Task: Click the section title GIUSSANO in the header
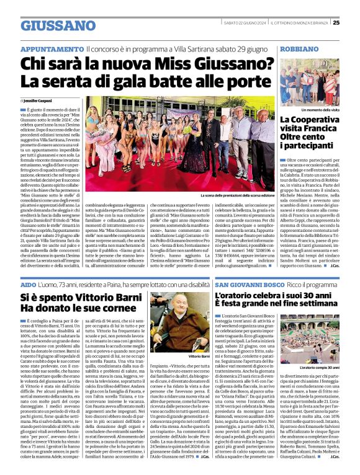click(49, 26)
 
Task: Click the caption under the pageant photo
click(238, 195)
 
